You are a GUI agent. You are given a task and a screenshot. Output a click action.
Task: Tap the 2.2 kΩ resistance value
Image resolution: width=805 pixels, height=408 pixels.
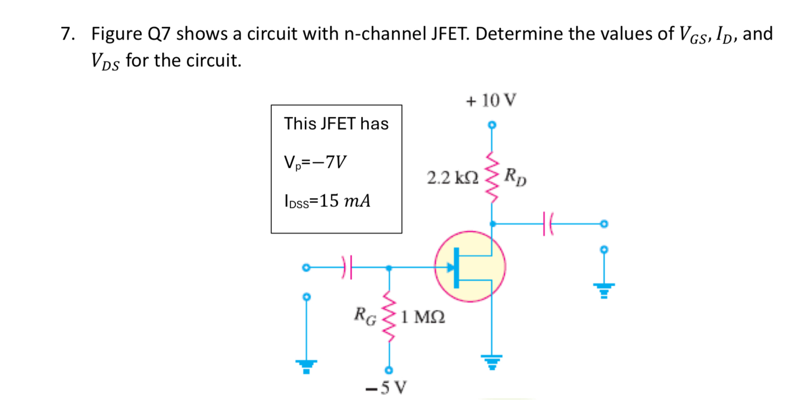point(453,177)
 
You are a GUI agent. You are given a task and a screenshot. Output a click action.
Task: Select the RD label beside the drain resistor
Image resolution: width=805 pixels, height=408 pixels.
point(515,176)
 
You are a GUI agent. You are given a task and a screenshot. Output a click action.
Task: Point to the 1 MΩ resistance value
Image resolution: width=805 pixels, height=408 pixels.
point(422,316)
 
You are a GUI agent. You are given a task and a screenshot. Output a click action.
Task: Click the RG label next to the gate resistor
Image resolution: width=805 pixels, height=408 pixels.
point(364,315)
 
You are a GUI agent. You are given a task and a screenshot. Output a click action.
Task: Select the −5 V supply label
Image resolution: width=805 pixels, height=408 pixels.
point(386,388)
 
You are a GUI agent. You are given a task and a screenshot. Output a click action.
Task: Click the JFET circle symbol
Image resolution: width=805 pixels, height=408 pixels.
point(470,266)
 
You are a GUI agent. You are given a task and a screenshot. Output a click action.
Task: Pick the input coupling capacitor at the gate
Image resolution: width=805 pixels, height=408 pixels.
point(348,268)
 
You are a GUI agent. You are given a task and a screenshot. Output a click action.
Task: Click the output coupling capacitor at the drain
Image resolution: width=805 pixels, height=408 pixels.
point(548,224)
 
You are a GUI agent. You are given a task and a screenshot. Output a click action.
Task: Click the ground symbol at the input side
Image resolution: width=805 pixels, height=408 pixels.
point(306,366)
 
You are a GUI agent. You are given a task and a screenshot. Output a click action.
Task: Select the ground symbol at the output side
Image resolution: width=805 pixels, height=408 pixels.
point(604,290)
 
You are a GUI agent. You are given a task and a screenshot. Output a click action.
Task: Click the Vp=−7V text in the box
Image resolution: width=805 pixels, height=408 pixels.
point(315,162)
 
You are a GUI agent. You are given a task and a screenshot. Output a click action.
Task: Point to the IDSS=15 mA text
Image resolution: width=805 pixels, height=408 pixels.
point(327,201)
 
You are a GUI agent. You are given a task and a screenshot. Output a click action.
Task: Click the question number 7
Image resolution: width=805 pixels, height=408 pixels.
point(67,34)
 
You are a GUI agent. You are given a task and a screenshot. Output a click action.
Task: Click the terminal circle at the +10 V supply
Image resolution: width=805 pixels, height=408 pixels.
point(491,125)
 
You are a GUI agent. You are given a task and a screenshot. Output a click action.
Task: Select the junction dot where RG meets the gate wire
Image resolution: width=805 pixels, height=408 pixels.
point(389,268)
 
